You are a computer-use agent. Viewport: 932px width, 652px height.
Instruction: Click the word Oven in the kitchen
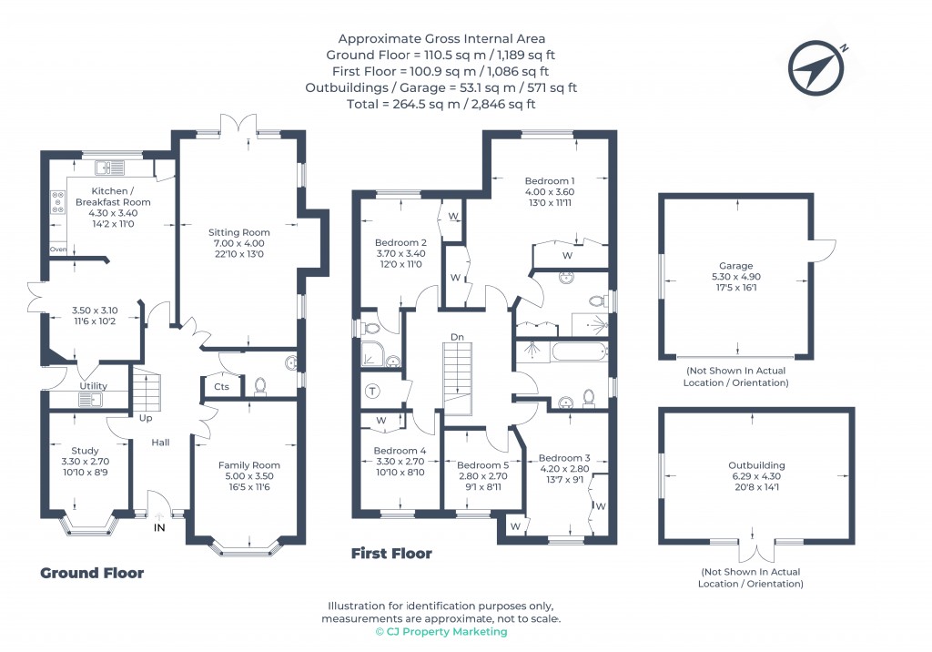click(x=58, y=249)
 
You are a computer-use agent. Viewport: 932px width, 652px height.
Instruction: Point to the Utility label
click(x=93, y=386)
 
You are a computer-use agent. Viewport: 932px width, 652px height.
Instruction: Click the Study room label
click(x=85, y=450)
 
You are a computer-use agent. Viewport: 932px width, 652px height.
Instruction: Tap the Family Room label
click(x=248, y=465)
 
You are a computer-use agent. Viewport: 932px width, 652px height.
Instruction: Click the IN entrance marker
click(x=160, y=527)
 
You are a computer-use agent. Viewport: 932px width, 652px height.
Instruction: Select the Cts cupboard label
click(x=222, y=387)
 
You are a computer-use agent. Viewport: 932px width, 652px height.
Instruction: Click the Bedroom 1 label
click(x=550, y=179)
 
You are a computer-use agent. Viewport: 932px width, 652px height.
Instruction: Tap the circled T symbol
click(x=372, y=391)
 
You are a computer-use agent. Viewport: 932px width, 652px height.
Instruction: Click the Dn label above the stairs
click(x=457, y=337)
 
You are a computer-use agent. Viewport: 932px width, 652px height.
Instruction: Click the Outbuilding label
click(x=755, y=465)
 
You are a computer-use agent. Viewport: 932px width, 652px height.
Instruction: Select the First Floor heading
click(x=391, y=553)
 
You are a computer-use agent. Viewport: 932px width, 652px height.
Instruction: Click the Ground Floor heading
click(x=92, y=573)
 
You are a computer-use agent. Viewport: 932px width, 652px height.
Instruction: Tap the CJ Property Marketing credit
click(x=441, y=631)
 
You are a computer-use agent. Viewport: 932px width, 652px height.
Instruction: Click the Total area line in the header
click(x=442, y=104)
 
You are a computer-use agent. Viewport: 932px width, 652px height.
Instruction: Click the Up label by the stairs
click(x=146, y=419)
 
